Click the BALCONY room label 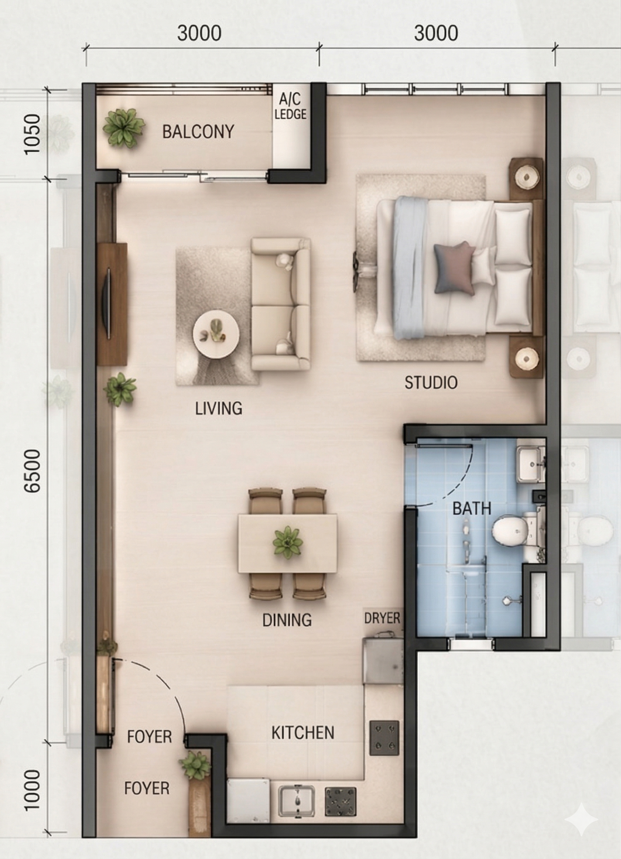pos(198,131)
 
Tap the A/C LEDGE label pos(290,107)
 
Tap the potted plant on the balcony pos(123,128)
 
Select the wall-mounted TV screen pos(108,303)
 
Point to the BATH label pos(472,509)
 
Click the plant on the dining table pos(288,541)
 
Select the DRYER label pos(382,618)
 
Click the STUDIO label pos(431,383)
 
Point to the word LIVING pos(219,408)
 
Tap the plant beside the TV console pos(120,389)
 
